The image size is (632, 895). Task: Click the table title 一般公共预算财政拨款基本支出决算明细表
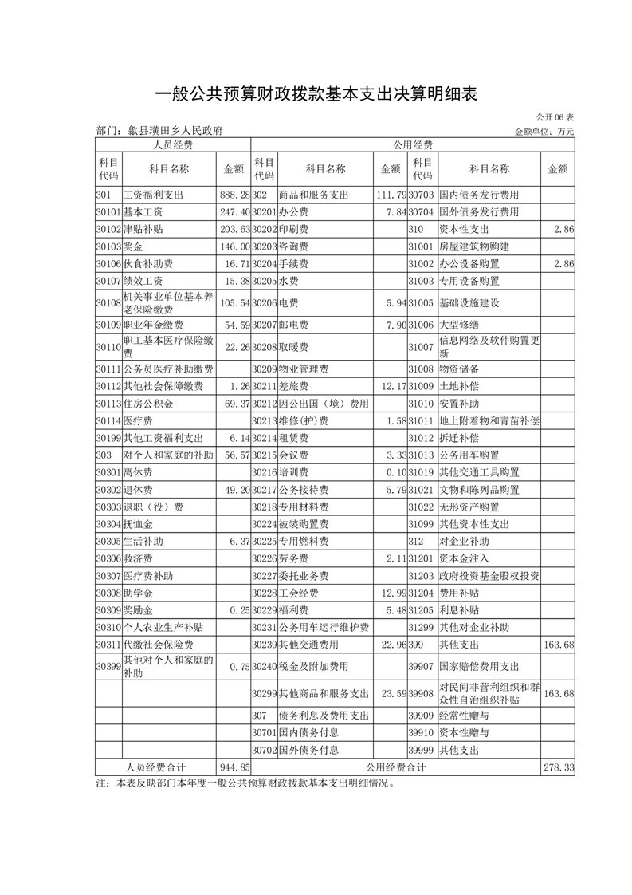coord(316,94)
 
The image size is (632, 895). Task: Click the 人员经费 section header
coord(173,145)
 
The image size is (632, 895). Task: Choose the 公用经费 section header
coord(413,145)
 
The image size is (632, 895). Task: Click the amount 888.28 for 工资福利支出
coord(234,195)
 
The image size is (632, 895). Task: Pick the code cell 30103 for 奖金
coord(108,247)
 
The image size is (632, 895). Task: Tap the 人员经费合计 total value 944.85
coord(234,767)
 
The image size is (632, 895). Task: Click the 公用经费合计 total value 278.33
coord(558,767)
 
